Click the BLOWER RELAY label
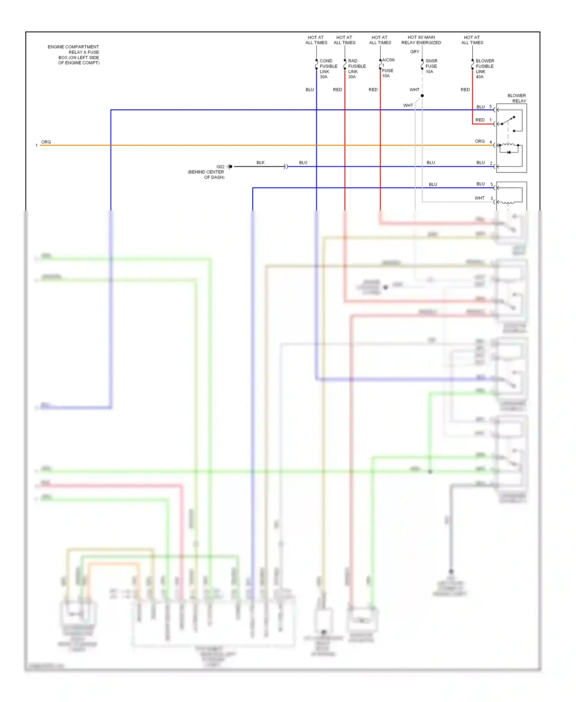coord(516,98)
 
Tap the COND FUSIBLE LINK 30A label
coord(328,69)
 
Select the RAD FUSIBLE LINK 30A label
coord(356,69)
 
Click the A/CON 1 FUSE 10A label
coord(387,68)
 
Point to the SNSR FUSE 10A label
coord(431,66)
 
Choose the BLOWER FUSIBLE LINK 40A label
coord(484,69)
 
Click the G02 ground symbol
coord(230,166)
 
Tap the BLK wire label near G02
coord(260,162)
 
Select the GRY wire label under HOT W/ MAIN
coord(414,51)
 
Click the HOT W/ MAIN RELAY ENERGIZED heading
coord(421,40)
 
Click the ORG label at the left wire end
coord(46,142)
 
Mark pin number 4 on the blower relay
coord(490,142)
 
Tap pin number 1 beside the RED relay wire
coord(490,120)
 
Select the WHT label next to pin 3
coord(479,198)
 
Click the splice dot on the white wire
coord(422,96)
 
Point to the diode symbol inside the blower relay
coord(509,152)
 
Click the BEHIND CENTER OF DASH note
coord(206,175)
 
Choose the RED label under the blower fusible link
coord(465,89)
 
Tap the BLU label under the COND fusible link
coord(310,89)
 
